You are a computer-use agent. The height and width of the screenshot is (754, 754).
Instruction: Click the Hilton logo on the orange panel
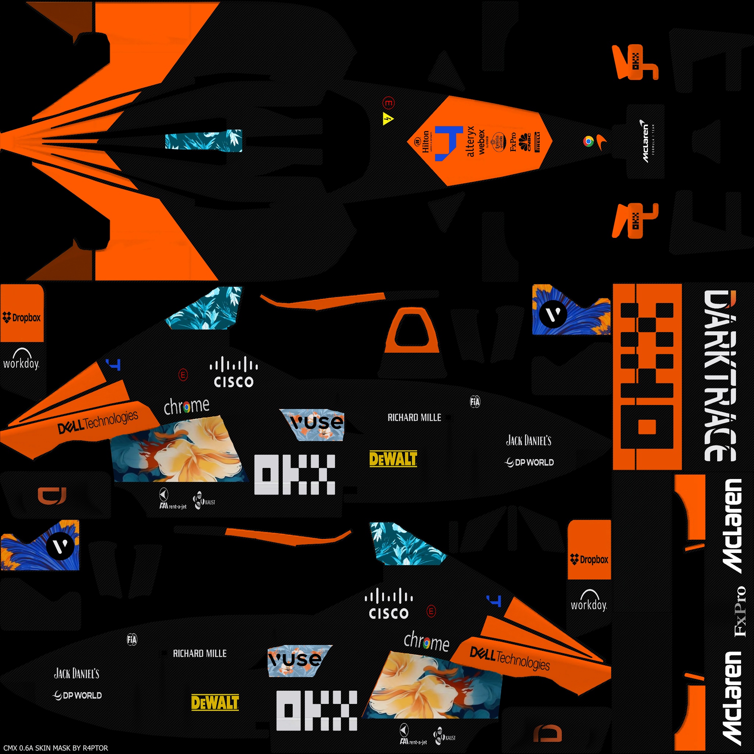[425, 141]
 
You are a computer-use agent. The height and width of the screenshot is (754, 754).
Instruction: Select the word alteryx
[471, 141]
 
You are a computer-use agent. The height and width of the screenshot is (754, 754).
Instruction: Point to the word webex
[482, 142]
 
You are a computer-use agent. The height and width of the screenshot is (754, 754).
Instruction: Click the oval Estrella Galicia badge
[498, 141]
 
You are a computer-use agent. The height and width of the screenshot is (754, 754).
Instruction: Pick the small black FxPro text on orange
[513, 141]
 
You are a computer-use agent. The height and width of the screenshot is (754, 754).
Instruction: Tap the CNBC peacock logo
[525, 141]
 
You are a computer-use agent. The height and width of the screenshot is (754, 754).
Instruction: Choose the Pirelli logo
[538, 142]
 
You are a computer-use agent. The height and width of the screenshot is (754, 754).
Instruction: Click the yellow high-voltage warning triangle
[388, 119]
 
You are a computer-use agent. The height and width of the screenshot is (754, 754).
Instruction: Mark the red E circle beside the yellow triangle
[388, 103]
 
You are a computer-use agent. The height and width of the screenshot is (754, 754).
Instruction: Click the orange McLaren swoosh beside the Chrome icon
[601, 142]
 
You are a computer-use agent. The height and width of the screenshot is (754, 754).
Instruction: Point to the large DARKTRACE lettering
[720, 376]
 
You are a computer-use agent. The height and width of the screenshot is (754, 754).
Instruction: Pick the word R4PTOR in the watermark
[95, 748]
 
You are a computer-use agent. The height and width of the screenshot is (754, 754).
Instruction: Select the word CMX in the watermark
[10, 748]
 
